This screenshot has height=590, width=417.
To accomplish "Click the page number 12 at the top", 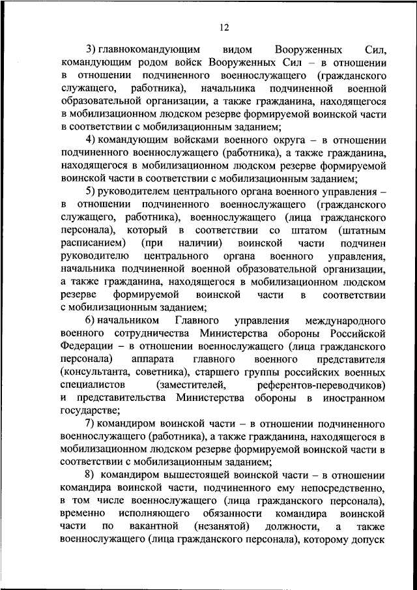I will (225, 27).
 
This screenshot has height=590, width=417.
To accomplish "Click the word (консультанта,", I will (98, 372).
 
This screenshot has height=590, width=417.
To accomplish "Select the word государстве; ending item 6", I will (89, 410).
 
